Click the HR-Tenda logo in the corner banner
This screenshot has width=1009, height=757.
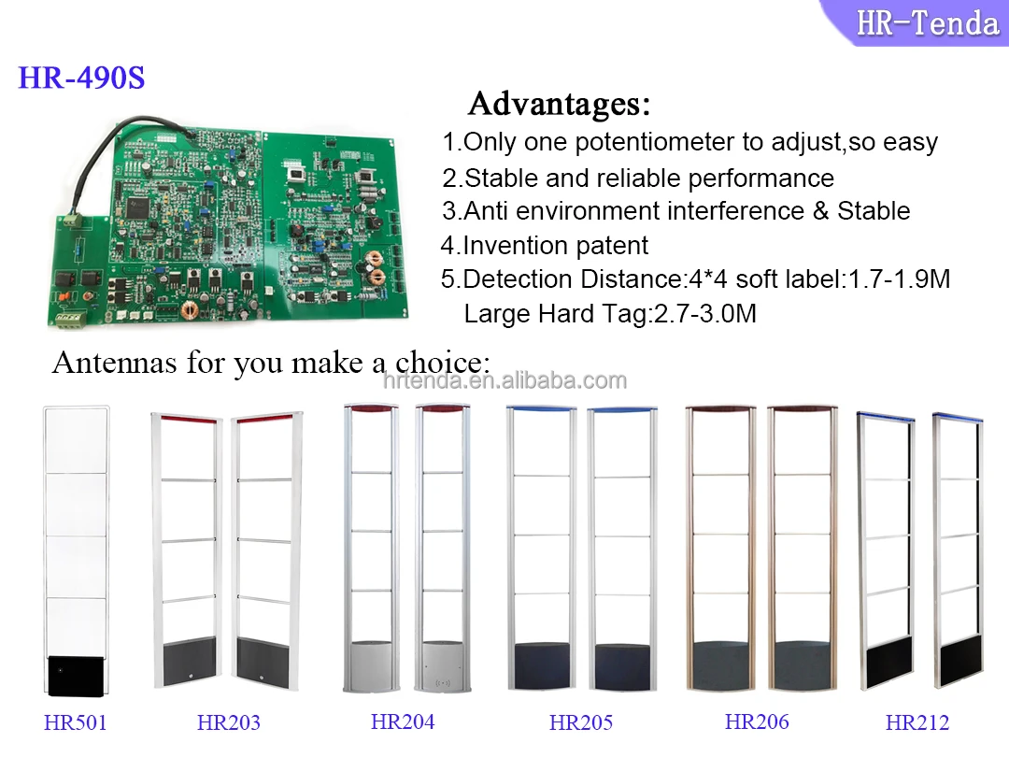[927, 21]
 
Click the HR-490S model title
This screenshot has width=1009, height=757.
[81, 78]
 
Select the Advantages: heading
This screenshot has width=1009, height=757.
[559, 103]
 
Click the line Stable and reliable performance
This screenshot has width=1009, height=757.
[638, 178]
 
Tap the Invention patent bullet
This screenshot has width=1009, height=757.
[545, 246]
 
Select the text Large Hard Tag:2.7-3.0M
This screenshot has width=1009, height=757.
[610, 314]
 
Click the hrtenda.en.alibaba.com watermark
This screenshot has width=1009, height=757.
[504, 380]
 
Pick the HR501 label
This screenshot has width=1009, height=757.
[76, 722]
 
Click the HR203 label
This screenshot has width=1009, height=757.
[229, 722]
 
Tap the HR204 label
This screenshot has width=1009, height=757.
[403, 721]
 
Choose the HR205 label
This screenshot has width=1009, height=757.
[581, 722]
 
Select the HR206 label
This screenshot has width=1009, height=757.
[757, 721]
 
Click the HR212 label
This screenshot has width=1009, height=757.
[917, 722]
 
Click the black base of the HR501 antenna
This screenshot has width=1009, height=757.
[77, 674]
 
